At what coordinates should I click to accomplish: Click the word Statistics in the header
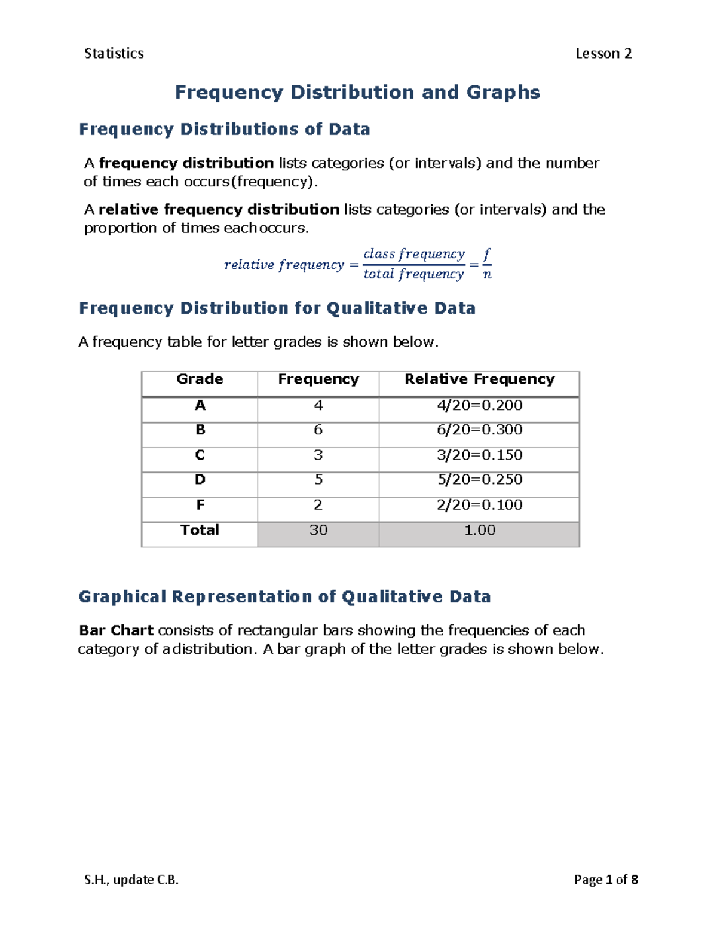coord(114,54)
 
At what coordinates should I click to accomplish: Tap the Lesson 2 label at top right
coord(603,54)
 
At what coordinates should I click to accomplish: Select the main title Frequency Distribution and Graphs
coord(357,92)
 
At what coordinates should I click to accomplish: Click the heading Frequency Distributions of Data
coord(224,130)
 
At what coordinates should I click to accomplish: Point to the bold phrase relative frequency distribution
coord(219,209)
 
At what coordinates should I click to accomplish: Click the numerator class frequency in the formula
coord(413,254)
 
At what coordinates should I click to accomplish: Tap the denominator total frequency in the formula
coord(413,274)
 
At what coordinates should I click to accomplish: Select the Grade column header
coord(200,379)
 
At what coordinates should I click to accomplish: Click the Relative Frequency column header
coord(479,379)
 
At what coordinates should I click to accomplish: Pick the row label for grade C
coord(200,455)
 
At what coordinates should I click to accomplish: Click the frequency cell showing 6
coord(318,430)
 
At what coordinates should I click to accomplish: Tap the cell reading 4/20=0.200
coord(479,405)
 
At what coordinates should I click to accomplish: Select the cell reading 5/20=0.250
coord(479,480)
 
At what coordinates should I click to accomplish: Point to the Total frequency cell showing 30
coord(318,530)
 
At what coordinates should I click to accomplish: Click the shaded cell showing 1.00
coord(479,530)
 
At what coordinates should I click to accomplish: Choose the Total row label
coord(200,530)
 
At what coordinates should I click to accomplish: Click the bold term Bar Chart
coord(116,630)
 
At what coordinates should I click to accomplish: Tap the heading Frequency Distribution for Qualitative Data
coord(277,308)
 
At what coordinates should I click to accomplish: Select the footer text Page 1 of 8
coord(605,880)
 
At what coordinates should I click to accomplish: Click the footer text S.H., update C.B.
coord(131,880)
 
